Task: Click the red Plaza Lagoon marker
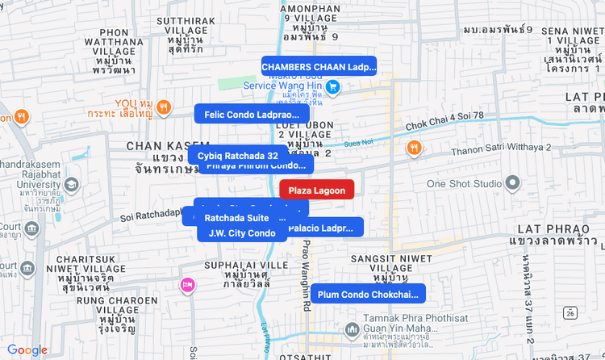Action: [316, 190]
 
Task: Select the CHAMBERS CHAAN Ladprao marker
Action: [319, 66]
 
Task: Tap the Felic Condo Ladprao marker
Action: [252, 115]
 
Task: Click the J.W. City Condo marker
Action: [242, 233]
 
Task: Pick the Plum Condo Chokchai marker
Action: [368, 294]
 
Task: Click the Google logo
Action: [27, 350]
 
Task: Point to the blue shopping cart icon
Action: [332, 86]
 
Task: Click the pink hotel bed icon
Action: [188, 284]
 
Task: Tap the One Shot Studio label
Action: [464, 183]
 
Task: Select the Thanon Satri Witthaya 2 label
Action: [500, 148]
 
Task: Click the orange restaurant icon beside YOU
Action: [164, 107]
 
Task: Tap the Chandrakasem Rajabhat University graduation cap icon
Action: [72, 185]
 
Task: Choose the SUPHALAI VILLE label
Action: [247, 265]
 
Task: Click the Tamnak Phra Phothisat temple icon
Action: [351, 330]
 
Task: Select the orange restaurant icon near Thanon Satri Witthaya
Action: [414, 148]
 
